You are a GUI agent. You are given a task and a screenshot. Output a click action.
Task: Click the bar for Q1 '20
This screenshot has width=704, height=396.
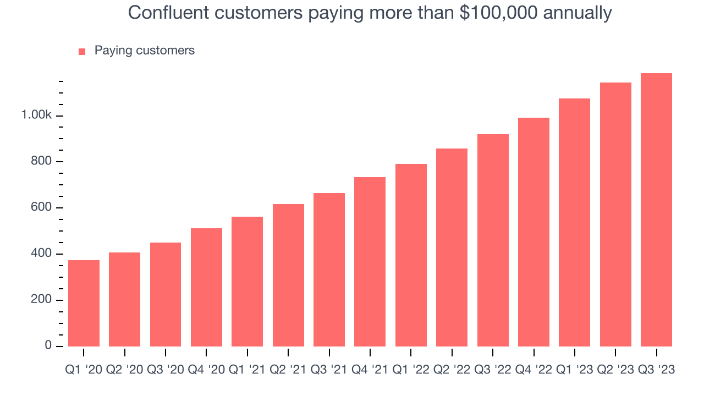pos(84,303)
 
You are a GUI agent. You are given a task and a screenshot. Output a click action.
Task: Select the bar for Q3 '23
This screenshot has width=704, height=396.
pos(656,210)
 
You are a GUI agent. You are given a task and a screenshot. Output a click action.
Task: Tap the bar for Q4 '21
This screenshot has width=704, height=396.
pos(370,262)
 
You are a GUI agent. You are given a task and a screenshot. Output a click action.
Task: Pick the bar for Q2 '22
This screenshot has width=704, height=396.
pos(452,248)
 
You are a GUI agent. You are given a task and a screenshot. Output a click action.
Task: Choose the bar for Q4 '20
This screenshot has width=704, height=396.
pos(206,287)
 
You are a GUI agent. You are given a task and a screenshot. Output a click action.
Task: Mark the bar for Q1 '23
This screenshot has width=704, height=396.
pos(574,222)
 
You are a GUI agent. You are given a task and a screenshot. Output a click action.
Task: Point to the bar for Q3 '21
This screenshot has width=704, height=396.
pos(329,269)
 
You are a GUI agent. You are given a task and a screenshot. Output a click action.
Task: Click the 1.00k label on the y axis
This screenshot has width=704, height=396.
pos(36,116)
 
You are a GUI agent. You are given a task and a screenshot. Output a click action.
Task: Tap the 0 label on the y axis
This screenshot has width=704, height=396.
pos(48,346)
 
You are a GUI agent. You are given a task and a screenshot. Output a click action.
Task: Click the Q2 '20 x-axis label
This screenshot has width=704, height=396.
pos(124,370)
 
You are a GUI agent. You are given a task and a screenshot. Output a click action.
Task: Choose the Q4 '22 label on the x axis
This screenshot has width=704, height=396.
pos(533,370)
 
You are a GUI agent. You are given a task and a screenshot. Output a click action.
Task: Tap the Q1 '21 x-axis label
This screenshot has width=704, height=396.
pos(247,370)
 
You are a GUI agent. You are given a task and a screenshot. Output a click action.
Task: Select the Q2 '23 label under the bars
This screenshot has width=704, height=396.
pos(615,370)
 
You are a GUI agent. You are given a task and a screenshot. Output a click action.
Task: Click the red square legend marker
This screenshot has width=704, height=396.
pos(82,51)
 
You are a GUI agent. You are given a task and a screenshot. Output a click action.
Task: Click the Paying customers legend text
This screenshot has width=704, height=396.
pos(144,51)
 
